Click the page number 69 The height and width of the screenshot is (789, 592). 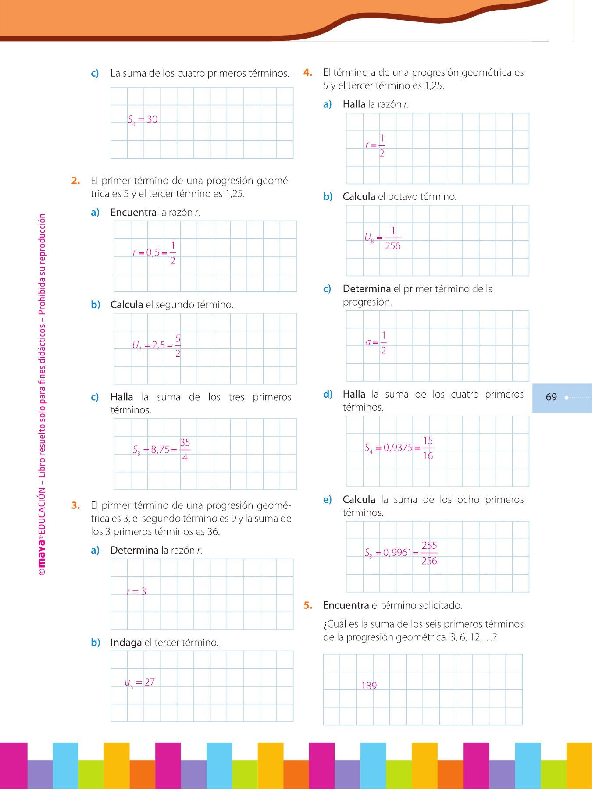coord(551,397)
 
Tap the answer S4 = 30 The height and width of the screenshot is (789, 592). coord(143,120)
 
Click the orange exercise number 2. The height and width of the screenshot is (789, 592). coord(76,181)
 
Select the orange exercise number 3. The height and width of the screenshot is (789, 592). coord(76,505)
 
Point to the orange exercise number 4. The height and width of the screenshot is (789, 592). coord(308,72)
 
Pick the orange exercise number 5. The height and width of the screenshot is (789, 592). coord(308,605)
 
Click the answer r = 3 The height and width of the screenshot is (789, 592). coord(136,591)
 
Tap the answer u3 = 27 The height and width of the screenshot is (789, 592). coord(140,682)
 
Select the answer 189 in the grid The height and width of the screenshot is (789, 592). coord(369,686)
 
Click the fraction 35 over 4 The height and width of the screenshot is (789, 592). coord(185,450)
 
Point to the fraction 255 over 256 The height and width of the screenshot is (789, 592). coord(429,553)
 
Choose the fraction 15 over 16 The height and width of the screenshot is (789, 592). coord(428,448)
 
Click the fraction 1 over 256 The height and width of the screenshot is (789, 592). coord(393,238)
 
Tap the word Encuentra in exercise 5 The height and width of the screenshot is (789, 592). coord(346,605)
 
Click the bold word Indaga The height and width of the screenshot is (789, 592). coord(126,643)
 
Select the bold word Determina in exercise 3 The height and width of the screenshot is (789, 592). coord(135,550)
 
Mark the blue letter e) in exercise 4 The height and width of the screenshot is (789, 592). coord(327,500)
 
